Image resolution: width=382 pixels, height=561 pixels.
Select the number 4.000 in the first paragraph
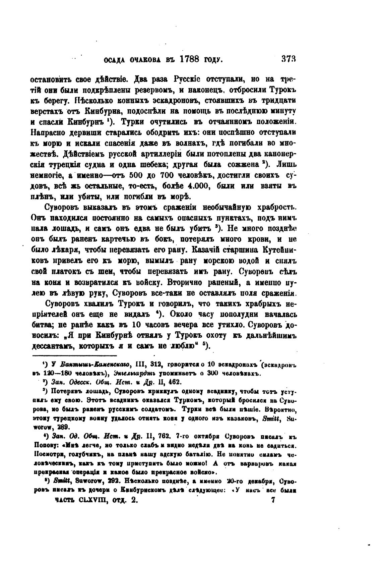coord(198,185)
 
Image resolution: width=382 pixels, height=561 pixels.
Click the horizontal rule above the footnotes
coord(74,355)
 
